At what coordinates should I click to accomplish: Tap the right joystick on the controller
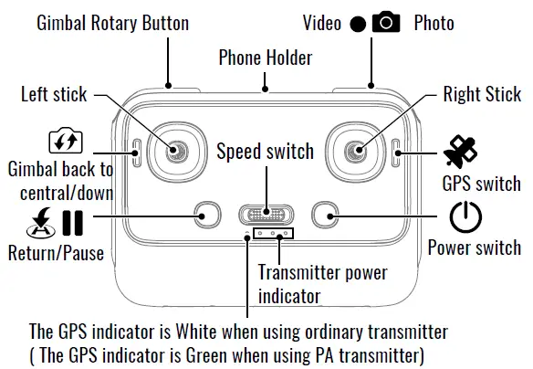coord(358,149)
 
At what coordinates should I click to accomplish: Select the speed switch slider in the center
coord(266,215)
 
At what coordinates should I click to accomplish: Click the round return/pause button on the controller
coord(208,216)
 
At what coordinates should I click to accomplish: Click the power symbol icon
coord(465,216)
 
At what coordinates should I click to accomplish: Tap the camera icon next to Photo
coord(385,22)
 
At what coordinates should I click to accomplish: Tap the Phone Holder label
coord(265,58)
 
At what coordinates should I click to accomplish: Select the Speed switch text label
coord(265,152)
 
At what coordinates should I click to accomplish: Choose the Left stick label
coord(56,94)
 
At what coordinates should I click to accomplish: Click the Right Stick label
coord(481,94)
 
